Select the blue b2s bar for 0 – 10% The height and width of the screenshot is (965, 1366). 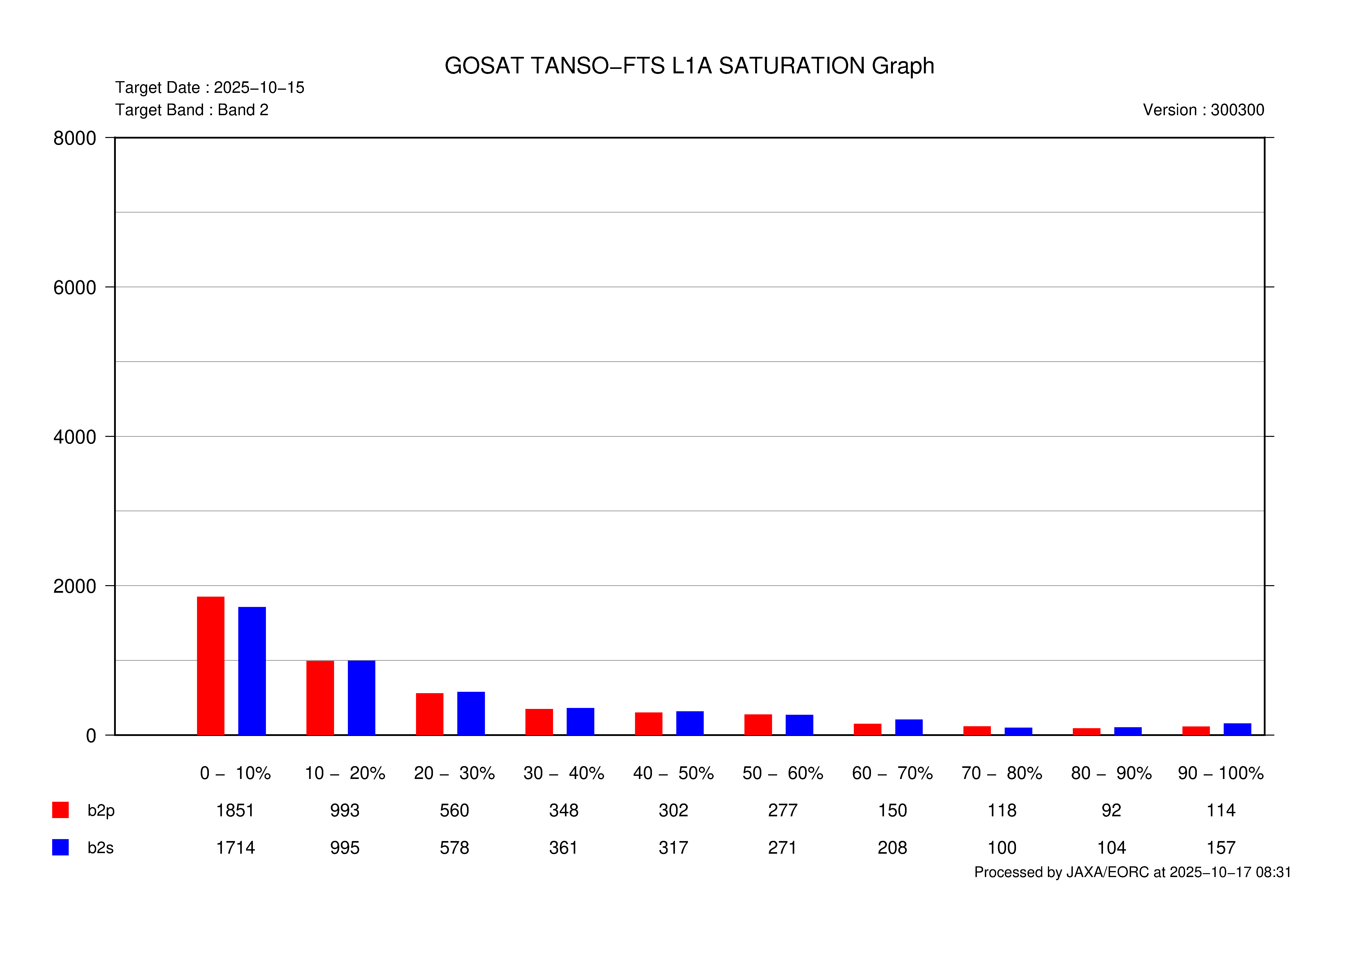click(252, 671)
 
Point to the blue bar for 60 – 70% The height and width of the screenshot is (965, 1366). click(909, 727)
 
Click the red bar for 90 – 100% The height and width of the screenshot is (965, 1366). click(1196, 731)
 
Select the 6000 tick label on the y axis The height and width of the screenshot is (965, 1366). click(74, 288)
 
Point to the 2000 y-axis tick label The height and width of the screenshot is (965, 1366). click(74, 586)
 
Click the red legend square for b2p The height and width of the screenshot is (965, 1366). click(60, 810)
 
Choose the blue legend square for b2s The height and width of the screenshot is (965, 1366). click(60, 847)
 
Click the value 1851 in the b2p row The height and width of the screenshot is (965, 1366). click(235, 810)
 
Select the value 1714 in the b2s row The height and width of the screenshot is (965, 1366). click(235, 848)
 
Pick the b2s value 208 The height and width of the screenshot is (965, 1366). click(892, 848)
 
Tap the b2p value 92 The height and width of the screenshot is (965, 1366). click(1111, 810)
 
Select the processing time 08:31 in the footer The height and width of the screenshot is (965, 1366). click(1273, 872)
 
